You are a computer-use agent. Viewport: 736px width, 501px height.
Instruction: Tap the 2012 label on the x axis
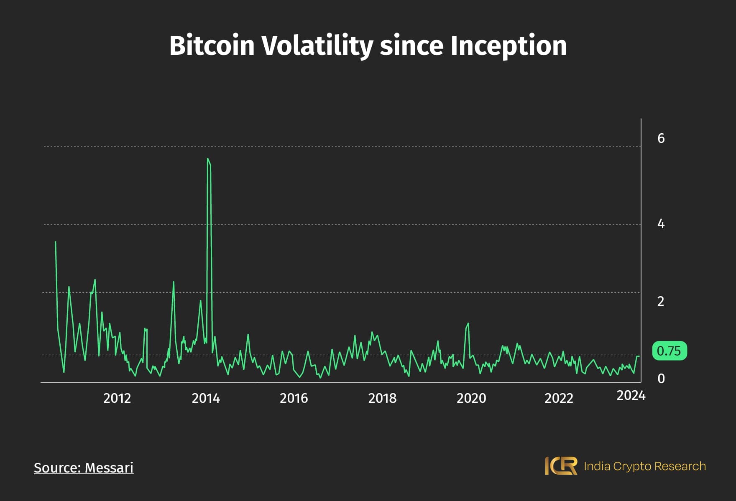117,398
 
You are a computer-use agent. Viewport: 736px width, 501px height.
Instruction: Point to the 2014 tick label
206,398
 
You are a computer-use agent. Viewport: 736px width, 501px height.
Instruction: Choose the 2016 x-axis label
294,398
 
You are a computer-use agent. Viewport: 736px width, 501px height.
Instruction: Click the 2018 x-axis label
382,398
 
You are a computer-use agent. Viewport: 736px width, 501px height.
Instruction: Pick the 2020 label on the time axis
471,398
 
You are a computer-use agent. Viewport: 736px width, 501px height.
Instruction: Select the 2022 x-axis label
559,398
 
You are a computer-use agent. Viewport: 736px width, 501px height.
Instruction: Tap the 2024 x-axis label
631,395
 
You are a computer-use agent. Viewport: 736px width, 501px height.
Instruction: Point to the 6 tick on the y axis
661,138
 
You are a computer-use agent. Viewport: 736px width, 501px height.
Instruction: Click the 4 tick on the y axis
661,224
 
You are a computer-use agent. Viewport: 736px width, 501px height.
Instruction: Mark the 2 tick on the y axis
661,301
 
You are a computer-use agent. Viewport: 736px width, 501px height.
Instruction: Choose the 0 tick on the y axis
661,379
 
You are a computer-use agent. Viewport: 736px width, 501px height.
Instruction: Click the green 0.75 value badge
669,351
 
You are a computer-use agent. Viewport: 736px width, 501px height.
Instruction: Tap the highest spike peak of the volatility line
208,159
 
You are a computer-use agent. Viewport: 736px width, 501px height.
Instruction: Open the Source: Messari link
84,468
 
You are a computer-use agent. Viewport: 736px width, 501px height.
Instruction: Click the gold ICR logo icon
561,465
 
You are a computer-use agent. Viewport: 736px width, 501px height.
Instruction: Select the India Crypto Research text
644,466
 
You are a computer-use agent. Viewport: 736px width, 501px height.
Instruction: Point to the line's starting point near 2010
56,242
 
